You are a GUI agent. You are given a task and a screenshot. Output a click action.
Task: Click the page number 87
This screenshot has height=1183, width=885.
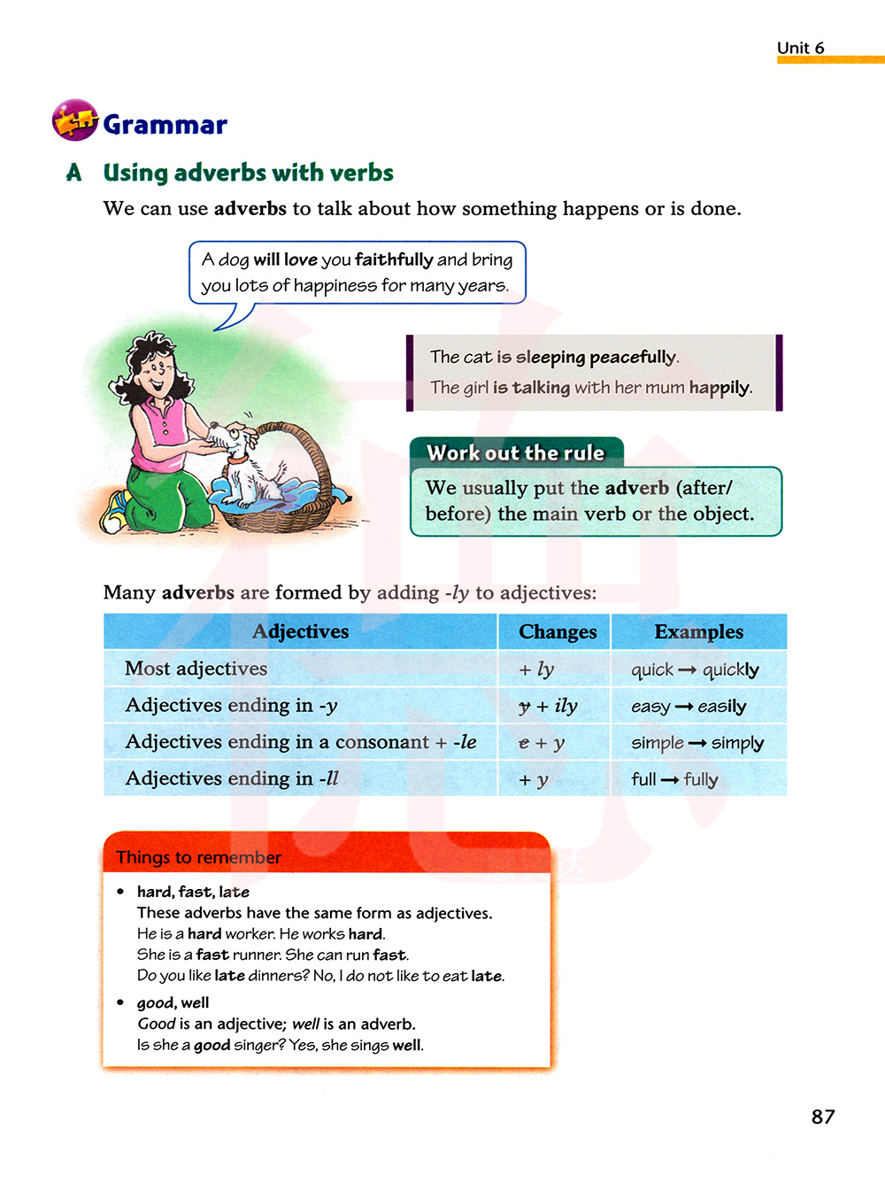(x=823, y=1117)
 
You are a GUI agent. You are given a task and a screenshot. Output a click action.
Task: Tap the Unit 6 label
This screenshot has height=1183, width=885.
(x=800, y=48)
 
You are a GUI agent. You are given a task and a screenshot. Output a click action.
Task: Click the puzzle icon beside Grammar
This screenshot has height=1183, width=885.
(x=74, y=120)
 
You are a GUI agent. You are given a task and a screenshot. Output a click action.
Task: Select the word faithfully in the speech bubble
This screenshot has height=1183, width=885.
(x=394, y=259)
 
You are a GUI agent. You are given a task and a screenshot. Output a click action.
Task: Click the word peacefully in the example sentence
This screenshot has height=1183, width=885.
(x=633, y=357)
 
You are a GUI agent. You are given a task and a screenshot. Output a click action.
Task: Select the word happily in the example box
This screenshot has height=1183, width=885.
(x=720, y=387)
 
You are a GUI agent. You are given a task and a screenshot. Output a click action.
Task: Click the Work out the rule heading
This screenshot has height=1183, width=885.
(x=516, y=452)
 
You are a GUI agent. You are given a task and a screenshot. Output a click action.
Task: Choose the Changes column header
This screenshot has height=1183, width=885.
(x=558, y=631)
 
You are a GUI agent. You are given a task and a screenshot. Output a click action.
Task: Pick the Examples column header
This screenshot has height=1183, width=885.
(x=698, y=631)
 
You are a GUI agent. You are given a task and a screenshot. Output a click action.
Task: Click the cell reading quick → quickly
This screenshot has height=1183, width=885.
(x=695, y=669)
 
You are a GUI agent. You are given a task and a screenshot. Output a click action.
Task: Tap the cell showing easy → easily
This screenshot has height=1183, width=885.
(x=689, y=707)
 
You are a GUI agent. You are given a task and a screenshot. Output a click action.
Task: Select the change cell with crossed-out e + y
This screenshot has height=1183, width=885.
(x=542, y=743)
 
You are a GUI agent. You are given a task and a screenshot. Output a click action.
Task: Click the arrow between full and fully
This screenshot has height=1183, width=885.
(x=670, y=780)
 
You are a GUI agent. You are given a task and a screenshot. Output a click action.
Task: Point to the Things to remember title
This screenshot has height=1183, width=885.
(x=198, y=857)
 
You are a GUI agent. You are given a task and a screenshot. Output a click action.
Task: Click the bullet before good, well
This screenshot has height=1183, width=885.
(x=120, y=1002)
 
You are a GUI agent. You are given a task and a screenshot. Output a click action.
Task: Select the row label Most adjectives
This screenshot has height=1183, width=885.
(x=196, y=669)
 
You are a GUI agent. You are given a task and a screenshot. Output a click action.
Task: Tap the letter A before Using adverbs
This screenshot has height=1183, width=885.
(x=74, y=173)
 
